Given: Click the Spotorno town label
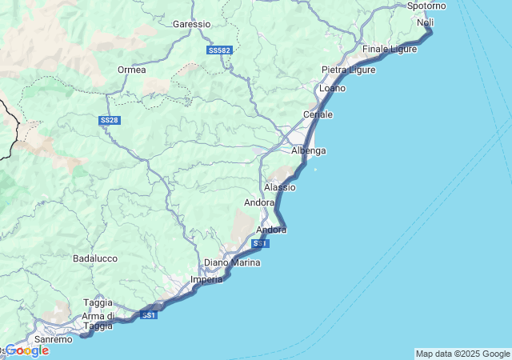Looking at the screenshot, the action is point(426,6).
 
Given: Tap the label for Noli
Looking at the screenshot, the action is point(425,22).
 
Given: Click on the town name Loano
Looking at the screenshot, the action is point(332,88).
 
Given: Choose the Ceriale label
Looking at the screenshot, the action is point(318,115).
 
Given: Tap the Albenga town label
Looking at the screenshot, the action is point(308,150).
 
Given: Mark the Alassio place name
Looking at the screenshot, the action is point(279,187).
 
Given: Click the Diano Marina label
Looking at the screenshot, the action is point(233,262).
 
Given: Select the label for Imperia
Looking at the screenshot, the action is point(206,280).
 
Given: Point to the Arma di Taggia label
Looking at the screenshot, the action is point(98,321).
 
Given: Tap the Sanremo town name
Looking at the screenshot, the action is point(54,339).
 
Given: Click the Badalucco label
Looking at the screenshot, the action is point(95,258).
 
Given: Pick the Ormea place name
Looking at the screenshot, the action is point(131,70).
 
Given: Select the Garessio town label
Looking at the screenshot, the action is point(192,24).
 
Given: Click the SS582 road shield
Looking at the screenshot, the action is point(218,50).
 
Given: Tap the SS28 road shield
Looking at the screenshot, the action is point(109,120).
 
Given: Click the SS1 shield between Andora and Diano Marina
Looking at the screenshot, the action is point(260,243).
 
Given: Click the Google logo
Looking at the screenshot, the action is point(26,350).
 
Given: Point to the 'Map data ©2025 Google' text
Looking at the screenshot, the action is point(462,354).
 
